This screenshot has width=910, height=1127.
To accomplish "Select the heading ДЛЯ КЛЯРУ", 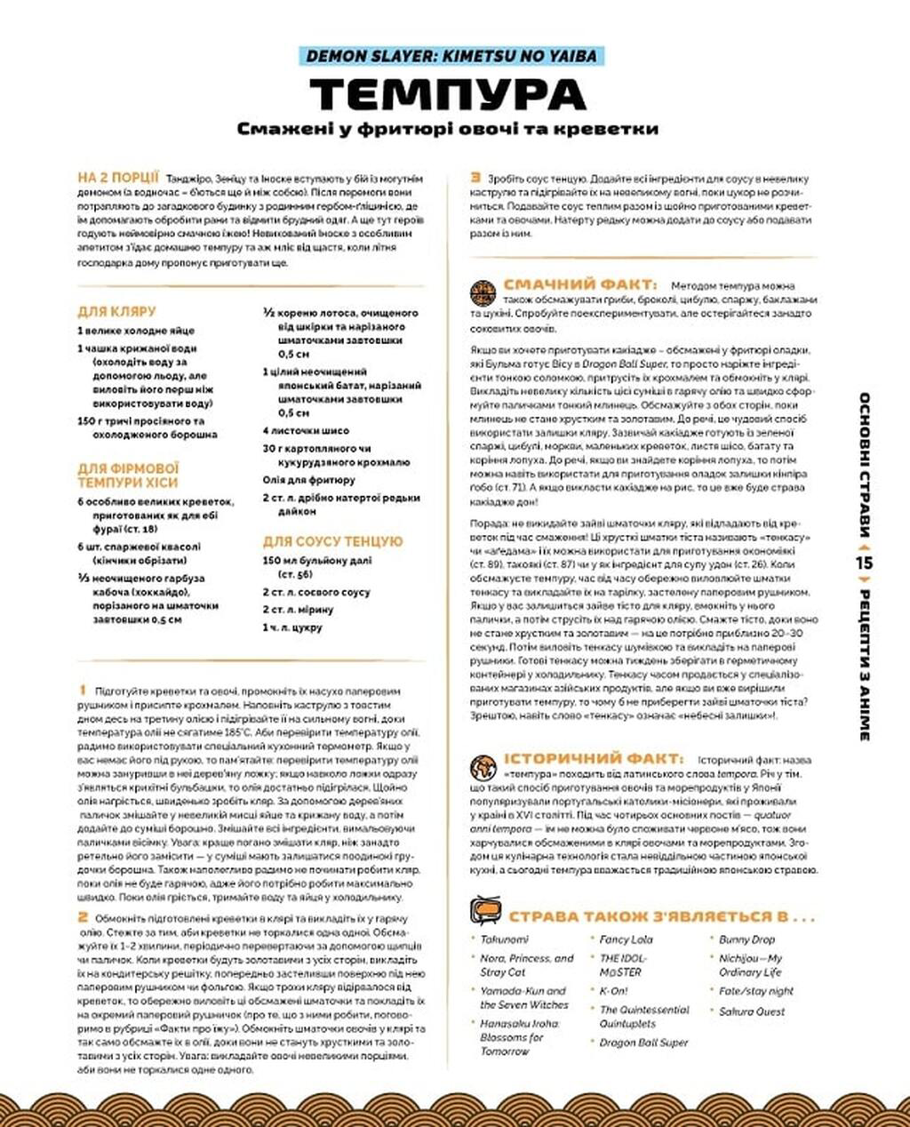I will pyautogui.click(x=116, y=312).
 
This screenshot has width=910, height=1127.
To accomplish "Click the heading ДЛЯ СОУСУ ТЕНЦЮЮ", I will pyautogui.click(x=332, y=541).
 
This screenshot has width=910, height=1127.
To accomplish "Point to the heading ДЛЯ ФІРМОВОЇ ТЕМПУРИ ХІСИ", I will pyautogui.click(x=128, y=476).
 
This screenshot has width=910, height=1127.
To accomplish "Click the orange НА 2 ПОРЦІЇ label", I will pyautogui.click(x=118, y=178).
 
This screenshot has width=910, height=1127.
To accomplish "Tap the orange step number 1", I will pyautogui.click(x=82, y=690).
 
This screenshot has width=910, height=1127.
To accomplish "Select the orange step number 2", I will pyautogui.click(x=83, y=916).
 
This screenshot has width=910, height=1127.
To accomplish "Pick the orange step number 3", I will pyautogui.click(x=476, y=178).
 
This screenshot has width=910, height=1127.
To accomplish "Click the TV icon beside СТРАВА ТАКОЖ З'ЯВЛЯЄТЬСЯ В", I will pyautogui.click(x=485, y=913).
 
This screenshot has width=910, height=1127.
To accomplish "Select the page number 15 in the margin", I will pyautogui.click(x=865, y=562).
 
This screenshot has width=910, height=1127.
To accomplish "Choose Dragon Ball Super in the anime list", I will pyautogui.click(x=643, y=1043).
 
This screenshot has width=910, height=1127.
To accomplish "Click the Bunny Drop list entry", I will pyautogui.click(x=746, y=939).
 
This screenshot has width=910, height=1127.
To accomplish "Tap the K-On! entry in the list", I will pyautogui.click(x=613, y=990).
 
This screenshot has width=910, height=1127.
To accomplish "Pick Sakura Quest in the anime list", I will pyautogui.click(x=752, y=1011).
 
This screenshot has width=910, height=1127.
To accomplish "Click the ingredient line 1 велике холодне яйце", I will pyautogui.click(x=135, y=331).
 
